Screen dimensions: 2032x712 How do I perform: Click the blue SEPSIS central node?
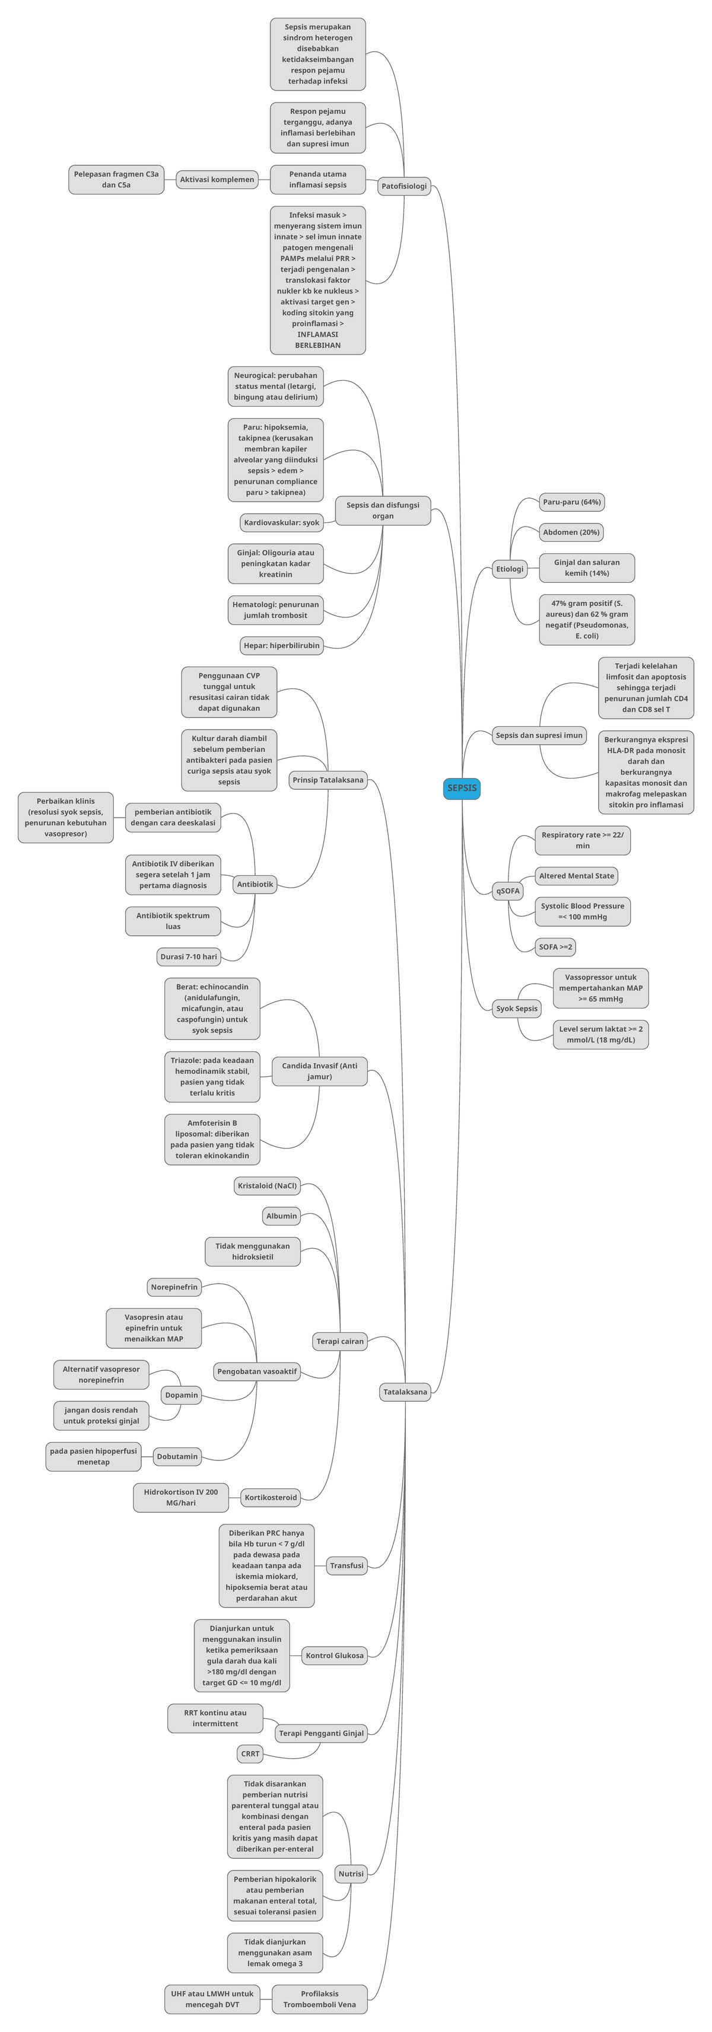pos(462,788)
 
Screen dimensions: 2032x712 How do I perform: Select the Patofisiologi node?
pos(404,186)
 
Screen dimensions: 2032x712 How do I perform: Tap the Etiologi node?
pos(509,569)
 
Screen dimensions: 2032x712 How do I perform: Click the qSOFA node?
pos(507,891)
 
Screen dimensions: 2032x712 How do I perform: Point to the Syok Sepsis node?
pos(516,1008)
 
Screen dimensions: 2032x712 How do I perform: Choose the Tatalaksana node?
pos(405,1392)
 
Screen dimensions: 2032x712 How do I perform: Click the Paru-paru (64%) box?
pos(571,502)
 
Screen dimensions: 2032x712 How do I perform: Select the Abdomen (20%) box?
pos(571,532)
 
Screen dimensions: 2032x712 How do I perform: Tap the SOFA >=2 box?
pos(555,946)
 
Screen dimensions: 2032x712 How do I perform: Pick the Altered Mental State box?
pos(576,876)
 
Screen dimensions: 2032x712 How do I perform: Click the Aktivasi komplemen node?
pos(217,179)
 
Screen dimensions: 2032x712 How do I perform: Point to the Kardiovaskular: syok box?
pos(282,522)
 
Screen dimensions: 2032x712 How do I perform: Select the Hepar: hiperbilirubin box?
pos(282,645)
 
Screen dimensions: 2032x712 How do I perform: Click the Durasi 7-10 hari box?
pos(189,957)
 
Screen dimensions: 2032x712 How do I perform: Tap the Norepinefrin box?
pos(174,1287)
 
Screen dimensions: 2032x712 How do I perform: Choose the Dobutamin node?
pos(177,1456)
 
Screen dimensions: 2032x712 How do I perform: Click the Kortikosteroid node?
pos(271,1497)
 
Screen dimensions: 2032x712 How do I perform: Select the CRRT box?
pos(250,1753)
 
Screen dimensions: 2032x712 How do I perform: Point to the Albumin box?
pos(282,1216)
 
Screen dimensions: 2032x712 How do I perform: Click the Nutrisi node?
pos(351,1874)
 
